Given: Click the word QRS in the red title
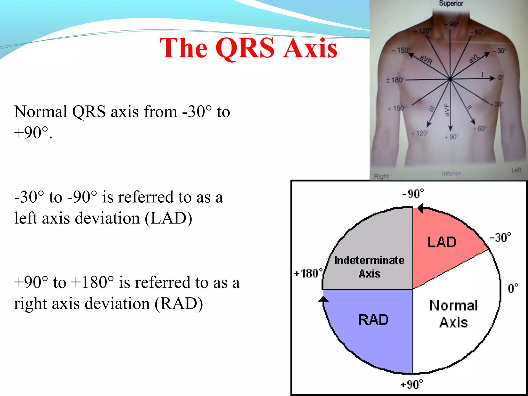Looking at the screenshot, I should [245, 48].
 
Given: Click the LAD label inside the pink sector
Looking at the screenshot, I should [442, 242].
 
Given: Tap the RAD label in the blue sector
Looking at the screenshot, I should [373, 320].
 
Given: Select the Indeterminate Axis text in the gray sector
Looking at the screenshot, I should [369, 267].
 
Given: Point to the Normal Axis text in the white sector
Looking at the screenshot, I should [453, 314].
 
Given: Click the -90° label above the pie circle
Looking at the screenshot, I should [413, 194].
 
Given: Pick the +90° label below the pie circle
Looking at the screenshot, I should [411, 384].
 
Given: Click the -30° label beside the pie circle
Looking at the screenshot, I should [500, 237].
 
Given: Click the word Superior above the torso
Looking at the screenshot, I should [451, 4].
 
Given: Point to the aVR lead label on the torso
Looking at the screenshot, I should [426, 60].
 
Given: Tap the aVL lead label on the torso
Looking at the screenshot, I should [474, 59].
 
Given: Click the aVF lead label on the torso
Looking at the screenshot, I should [447, 110].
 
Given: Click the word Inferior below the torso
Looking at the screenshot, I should [451, 174].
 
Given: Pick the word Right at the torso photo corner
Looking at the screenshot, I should [381, 176].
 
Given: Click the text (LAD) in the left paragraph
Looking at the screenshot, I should [168, 218].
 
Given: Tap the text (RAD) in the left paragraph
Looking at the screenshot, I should [179, 304].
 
